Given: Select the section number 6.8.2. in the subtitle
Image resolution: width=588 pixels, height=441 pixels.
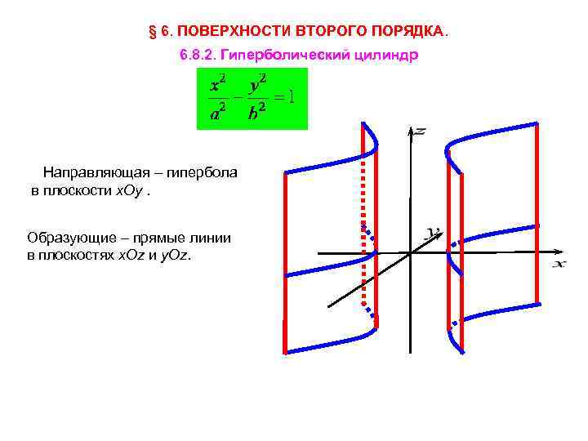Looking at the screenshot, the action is (x=198, y=56).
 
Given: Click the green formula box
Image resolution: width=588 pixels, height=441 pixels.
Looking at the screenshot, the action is (x=252, y=99).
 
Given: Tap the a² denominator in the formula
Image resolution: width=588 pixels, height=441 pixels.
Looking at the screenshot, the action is (x=218, y=114).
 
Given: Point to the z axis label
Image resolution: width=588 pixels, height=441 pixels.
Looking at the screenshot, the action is (x=420, y=131).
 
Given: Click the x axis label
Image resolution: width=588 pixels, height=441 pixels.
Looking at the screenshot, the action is (x=559, y=263).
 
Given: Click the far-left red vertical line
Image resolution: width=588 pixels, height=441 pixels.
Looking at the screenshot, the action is (x=285, y=261).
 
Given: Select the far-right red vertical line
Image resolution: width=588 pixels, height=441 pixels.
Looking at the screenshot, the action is (x=537, y=212).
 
